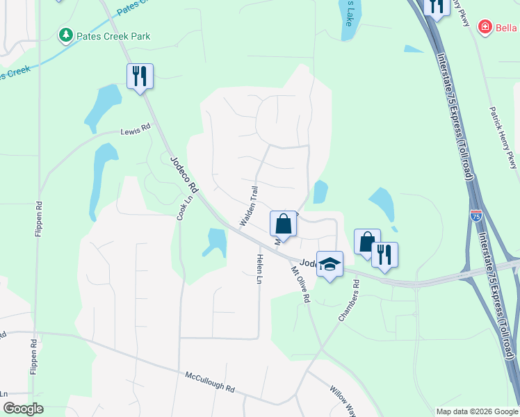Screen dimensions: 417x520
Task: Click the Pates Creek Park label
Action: pos(113,36)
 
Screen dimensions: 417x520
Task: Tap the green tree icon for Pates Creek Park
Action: pos(67,35)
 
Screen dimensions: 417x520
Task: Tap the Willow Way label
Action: pos(342,401)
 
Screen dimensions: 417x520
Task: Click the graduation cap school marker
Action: pos(330,264)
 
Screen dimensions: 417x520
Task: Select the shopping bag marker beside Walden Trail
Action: pos(283,224)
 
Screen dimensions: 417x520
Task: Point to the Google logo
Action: pos(22,409)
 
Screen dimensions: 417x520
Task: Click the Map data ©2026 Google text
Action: pos(476,411)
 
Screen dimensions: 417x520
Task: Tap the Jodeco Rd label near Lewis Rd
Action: pos(184,174)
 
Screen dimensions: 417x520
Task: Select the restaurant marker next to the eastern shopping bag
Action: pos(384,255)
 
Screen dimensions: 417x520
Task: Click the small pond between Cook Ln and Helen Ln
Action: pos(216,241)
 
